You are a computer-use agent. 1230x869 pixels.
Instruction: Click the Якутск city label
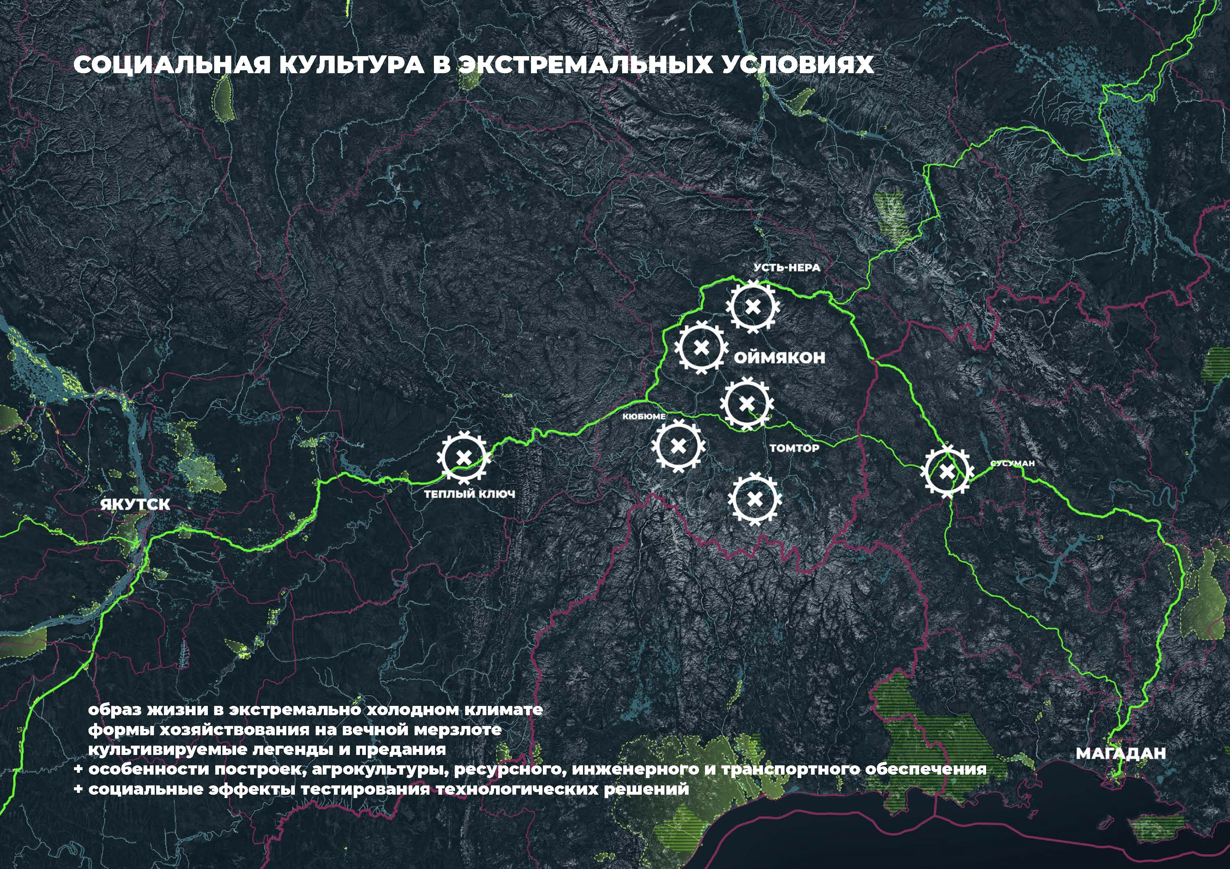pyautogui.click(x=135, y=505)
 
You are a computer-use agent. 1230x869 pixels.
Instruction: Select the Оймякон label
pyautogui.click(x=779, y=358)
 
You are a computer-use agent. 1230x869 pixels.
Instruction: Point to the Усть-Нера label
pyautogui.click(x=787, y=267)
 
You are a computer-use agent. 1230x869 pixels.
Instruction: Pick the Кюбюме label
pyautogui.click(x=644, y=416)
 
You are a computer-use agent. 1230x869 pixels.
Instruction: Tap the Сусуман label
pyautogui.click(x=1012, y=463)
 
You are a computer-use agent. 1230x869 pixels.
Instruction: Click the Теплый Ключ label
pyautogui.click(x=469, y=494)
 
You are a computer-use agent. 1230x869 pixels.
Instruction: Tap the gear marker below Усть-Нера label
pyautogui.click(x=753, y=307)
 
